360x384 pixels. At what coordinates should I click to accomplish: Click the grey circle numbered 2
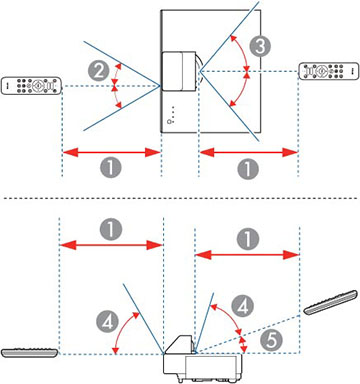click(99, 71)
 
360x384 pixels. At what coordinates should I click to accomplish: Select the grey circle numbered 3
click(260, 46)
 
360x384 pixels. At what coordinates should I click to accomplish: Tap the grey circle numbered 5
click(271, 341)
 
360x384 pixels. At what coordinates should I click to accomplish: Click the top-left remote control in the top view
click(31, 86)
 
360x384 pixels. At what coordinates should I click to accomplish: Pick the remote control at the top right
click(329, 71)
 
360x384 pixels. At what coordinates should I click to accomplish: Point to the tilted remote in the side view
click(331, 302)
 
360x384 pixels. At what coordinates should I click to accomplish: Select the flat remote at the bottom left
click(30, 353)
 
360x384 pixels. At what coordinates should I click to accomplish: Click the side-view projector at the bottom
click(202, 359)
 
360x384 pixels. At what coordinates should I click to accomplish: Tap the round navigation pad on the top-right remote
click(321, 71)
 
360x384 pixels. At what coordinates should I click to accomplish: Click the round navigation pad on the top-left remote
click(39, 86)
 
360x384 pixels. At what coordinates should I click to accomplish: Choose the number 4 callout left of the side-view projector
click(107, 322)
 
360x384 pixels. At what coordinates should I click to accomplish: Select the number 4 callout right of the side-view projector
click(243, 306)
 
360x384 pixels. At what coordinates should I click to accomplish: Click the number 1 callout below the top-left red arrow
click(111, 167)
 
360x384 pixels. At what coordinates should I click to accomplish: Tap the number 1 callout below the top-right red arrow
click(248, 168)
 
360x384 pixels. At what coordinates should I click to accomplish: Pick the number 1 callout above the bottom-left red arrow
click(111, 229)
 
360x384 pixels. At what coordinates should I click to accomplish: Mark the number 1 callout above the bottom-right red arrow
click(248, 239)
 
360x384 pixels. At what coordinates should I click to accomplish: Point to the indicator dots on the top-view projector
click(172, 111)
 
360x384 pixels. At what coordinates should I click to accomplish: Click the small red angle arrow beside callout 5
click(244, 344)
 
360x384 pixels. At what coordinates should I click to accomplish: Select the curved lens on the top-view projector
click(199, 71)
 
